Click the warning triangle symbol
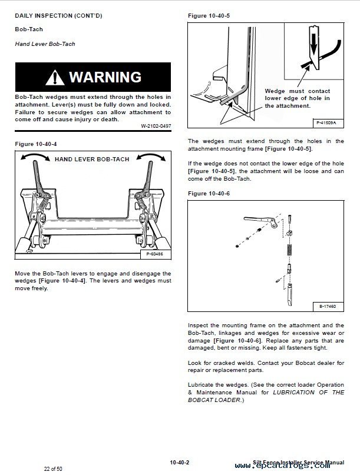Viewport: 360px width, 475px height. pyautogui.click(x=54, y=77)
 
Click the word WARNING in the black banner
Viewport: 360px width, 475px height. pyautogui.click(x=105, y=77)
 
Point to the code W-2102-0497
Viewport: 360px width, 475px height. pyautogui.click(x=156, y=126)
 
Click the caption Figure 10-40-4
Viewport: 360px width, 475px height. pyautogui.click(x=36, y=143)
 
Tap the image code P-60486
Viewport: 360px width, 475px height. pyautogui.click(x=156, y=254)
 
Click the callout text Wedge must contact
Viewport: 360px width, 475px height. pyautogui.click(x=297, y=91)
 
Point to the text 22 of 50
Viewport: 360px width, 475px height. pyautogui.click(x=53, y=469)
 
